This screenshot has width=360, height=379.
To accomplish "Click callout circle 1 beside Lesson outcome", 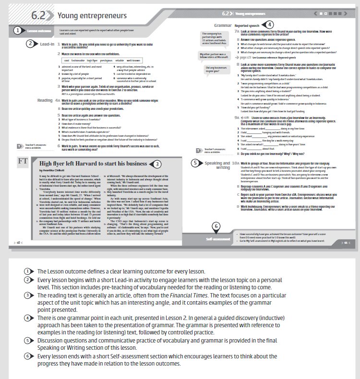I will pyautogui.click(x=17, y=31).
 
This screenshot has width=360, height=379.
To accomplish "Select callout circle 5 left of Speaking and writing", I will pyautogui.click(x=195, y=163).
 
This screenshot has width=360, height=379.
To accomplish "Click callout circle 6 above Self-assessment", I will pyautogui.click(x=216, y=225).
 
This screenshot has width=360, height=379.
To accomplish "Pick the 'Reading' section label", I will pyautogui.click(x=45, y=100).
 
